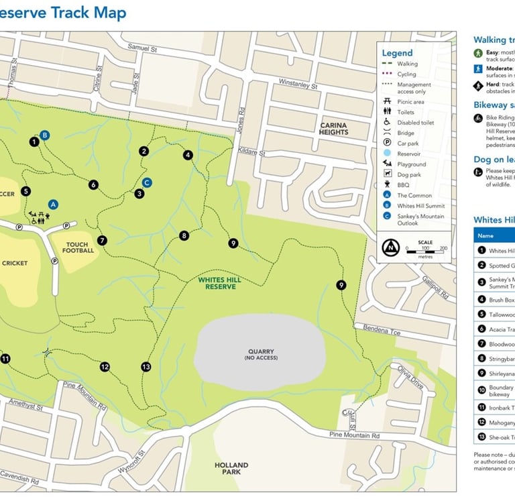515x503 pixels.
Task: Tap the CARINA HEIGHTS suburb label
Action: pyautogui.click(x=333, y=129)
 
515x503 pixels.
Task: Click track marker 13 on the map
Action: pyautogui.click(x=146, y=367)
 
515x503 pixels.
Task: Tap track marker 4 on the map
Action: pyautogui.click(x=188, y=155)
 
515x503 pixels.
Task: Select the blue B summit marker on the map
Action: pyautogui.click(x=45, y=135)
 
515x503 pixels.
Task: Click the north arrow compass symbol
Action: pyautogui.click(x=389, y=249)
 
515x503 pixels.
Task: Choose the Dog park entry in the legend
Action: pyautogui.click(x=408, y=174)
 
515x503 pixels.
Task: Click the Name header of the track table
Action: pyautogui.click(x=485, y=236)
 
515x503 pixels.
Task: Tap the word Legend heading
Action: pyautogui.click(x=397, y=53)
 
